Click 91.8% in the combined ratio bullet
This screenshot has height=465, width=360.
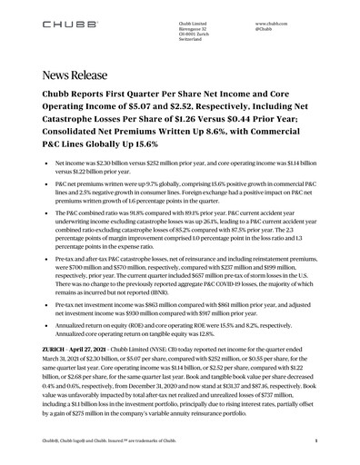pos(139,210)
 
